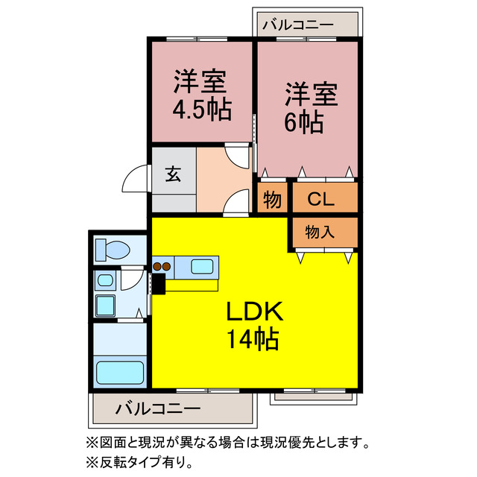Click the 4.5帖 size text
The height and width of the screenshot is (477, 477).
pos(201,110)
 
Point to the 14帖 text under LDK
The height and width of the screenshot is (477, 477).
pos(252,341)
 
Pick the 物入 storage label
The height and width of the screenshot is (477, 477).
pos(320,233)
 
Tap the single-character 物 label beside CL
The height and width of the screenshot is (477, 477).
pos(272,200)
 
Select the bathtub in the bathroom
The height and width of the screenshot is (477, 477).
pos(119,372)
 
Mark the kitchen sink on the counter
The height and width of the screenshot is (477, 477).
pos(203,265)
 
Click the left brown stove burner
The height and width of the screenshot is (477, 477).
pos(157,265)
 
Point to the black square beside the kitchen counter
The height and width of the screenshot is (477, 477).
pos(157,283)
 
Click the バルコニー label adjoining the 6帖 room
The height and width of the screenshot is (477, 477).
pos(297,25)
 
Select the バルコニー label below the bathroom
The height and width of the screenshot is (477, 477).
pos(158,408)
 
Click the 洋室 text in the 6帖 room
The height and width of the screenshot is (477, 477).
pos(312,96)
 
